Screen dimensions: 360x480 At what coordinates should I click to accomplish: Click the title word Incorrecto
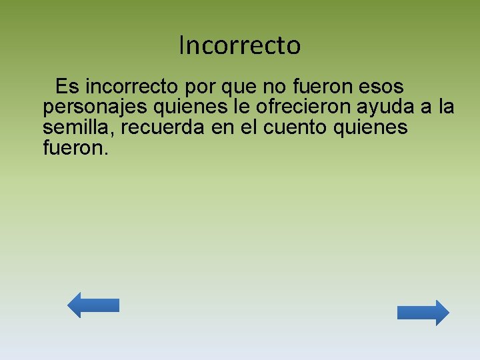(240, 45)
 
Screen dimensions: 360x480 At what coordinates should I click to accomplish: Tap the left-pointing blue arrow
(93, 305)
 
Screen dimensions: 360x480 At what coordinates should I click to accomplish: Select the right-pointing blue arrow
(423, 313)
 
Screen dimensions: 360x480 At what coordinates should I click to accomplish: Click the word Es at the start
(67, 87)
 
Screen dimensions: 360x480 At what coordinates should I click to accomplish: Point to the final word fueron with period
(74, 147)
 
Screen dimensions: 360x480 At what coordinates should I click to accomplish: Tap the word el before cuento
(248, 127)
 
